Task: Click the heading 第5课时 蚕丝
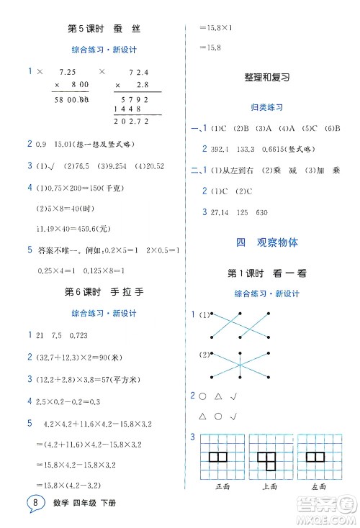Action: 104,29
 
